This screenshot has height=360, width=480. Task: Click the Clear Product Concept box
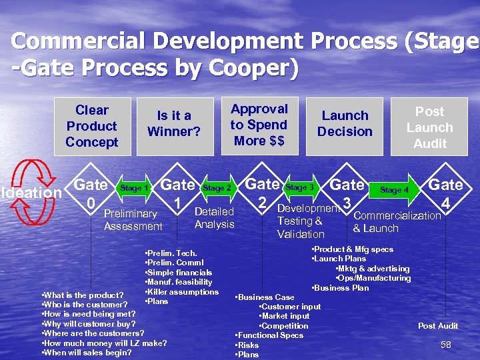92,126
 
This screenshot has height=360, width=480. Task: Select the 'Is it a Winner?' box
174,123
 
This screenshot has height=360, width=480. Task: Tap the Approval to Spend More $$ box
259,125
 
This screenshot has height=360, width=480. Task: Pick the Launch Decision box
345,124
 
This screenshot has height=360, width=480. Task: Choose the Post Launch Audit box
429,127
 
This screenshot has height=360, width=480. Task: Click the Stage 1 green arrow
134,189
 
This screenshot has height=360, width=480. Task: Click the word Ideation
32,193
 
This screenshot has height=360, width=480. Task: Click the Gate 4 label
445,192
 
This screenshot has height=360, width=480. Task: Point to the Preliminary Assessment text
133,220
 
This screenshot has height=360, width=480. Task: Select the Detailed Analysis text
214,218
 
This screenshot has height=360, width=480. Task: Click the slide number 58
446,345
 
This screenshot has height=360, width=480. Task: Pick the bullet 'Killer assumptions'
183,292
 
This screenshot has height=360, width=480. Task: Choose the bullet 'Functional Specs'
270,335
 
